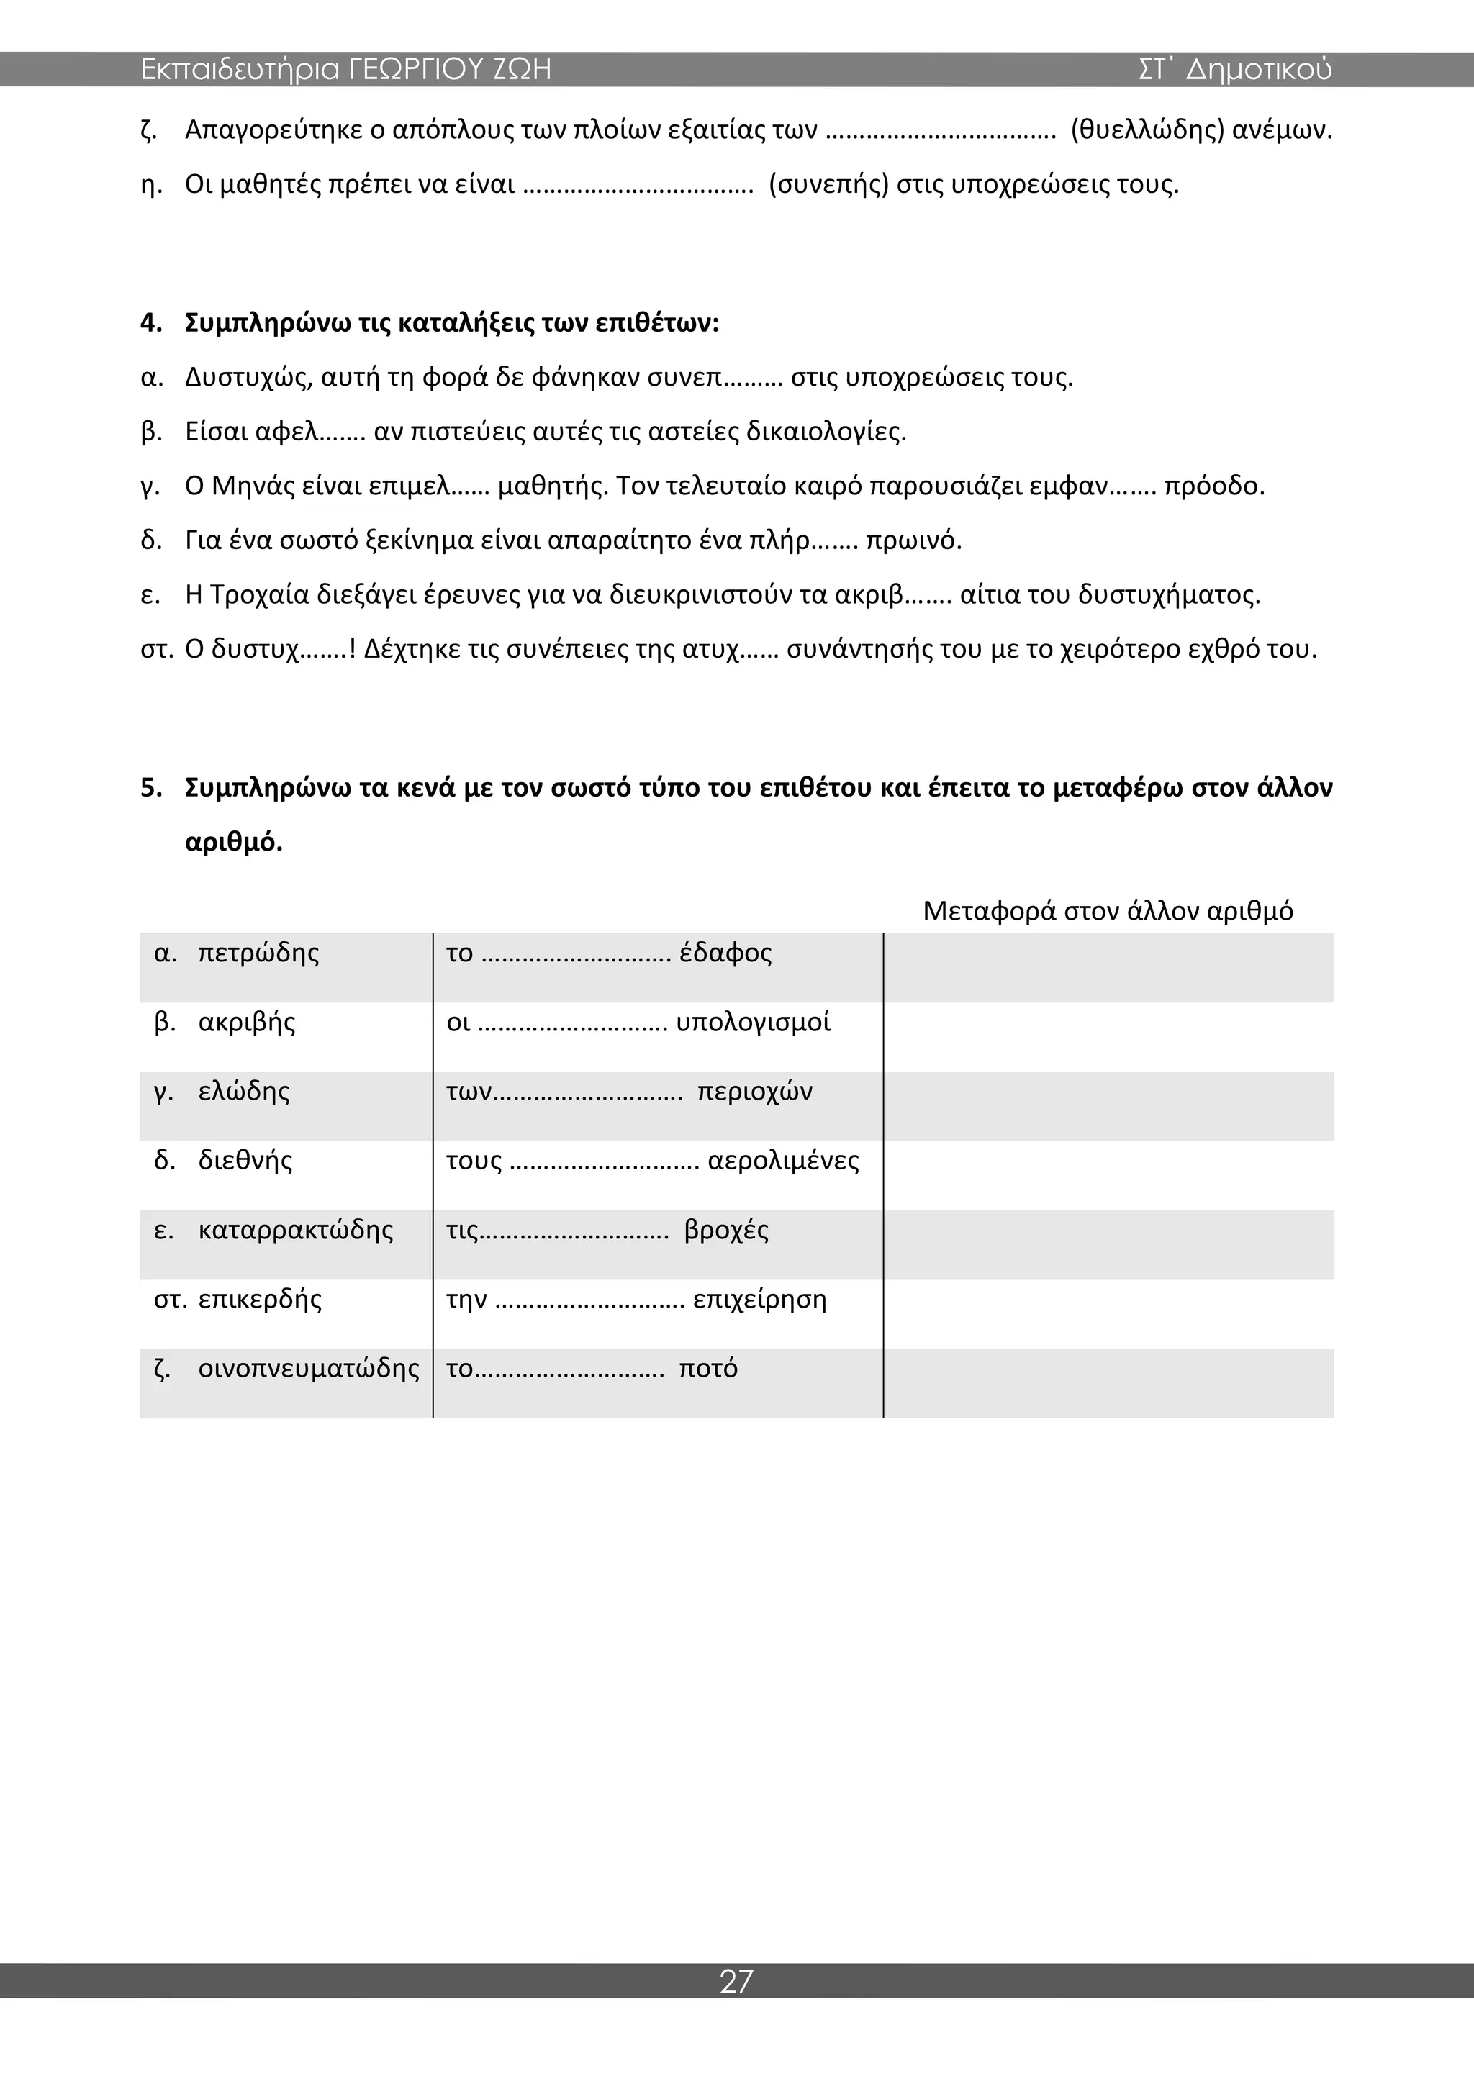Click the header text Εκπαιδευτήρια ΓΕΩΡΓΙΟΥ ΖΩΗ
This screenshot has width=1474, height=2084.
point(345,70)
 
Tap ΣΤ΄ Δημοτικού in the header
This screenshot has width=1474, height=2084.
point(1235,70)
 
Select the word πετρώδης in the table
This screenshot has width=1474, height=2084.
point(258,953)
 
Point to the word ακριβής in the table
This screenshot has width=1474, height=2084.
point(247,1022)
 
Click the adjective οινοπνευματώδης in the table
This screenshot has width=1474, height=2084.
point(309,1368)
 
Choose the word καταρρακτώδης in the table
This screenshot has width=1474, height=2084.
point(296,1230)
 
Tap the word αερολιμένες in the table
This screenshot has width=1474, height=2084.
point(783,1161)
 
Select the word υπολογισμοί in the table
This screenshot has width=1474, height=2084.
point(754,1022)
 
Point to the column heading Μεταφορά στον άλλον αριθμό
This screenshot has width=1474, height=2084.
point(1108,910)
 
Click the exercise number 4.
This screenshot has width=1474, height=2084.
point(150,323)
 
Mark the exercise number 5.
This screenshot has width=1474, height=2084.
point(150,788)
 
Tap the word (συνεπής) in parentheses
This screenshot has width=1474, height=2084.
point(828,185)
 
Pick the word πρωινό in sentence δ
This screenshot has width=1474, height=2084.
point(913,541)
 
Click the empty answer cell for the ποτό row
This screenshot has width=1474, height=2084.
point(1108,1382)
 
